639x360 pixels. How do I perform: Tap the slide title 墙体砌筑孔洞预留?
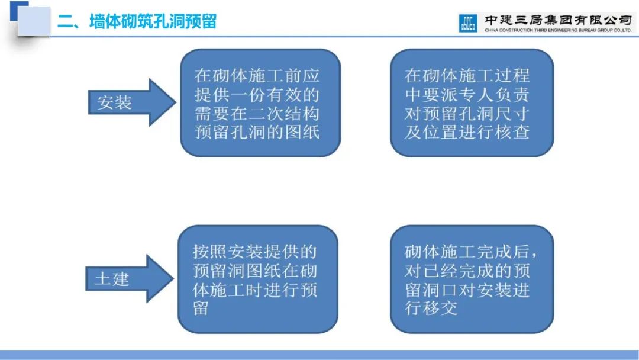pos(153,21)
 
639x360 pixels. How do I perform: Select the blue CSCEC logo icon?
pos(468,23)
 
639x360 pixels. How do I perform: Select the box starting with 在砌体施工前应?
pos(260,103)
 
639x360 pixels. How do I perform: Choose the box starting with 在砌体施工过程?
pos(472,103)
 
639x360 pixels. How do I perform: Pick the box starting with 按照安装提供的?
pos(258,279)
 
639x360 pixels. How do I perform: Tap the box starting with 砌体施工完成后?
pos(472,279)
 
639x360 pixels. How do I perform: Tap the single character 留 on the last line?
pos(201,308)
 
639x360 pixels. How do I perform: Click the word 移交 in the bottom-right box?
pos(440,308)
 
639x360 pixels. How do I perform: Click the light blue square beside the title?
pos(34,21)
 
